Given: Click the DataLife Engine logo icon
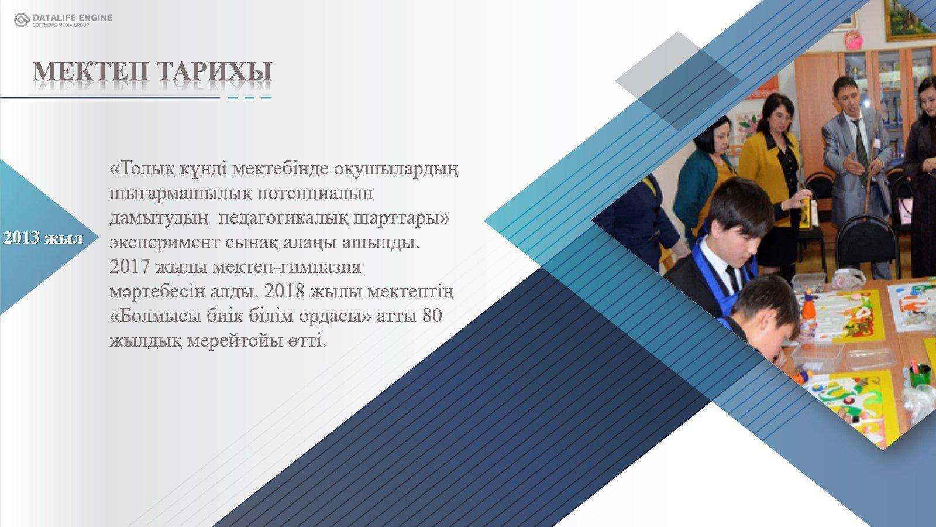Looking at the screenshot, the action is (22, 20).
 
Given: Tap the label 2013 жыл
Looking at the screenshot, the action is (43, 238).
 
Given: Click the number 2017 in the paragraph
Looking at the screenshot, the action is (129, 266).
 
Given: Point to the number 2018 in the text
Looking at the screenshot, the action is (284, 291).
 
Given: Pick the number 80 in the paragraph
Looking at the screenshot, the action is (432, 316).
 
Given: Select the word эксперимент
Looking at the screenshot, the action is (164, 242).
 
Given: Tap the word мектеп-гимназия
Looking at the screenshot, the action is (287, 267).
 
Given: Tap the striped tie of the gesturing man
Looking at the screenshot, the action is (860, 147).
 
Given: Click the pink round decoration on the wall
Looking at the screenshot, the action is (854, 40).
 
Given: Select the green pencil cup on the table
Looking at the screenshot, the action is (920, 374).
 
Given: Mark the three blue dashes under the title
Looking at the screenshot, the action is (249, 98).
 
